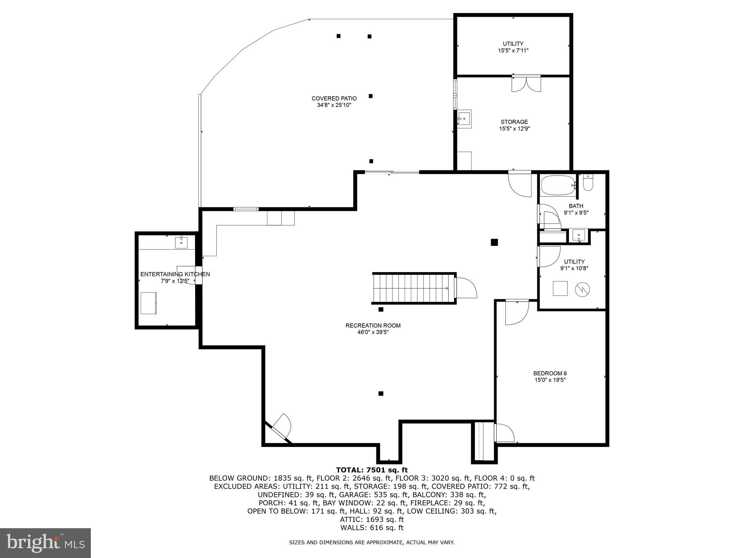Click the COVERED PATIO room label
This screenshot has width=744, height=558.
point(334,98)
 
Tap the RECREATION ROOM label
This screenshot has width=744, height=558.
point(373,325)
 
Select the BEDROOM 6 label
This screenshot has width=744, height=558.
point(550,373)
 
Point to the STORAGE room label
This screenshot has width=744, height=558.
point(514,122)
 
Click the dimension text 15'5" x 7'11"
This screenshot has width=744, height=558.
point(513,50)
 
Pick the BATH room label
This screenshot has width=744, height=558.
point(576,206)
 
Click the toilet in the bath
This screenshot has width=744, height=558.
point(588,183)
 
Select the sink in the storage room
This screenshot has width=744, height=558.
point(464,118)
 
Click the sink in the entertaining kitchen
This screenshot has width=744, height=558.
point(181,242)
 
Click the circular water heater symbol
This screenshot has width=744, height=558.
point(582,290)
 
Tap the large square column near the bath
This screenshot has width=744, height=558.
point(494,242)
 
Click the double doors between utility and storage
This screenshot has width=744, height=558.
point(526,84)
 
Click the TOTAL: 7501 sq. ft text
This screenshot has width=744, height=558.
point(372,470)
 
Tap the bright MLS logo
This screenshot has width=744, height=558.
point(45,543)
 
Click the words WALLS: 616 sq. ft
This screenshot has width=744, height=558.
point(372,528)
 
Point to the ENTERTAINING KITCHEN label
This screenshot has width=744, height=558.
point(175,274)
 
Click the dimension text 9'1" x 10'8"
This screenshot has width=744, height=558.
point(574,268)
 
